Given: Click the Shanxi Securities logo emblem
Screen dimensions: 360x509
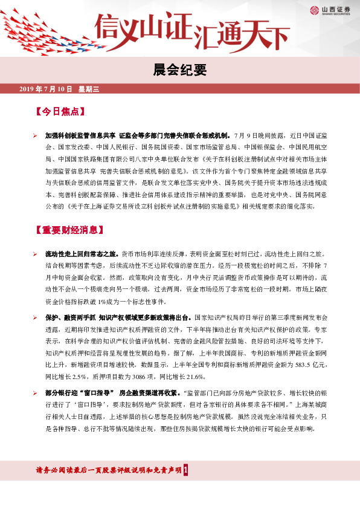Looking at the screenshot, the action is pyautogui.click(x=315, y=9).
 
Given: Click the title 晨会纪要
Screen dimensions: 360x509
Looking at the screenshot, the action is pyautogui.click(x=179, y=71).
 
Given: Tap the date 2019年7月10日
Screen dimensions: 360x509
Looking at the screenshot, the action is pyautogui.click(x=46, y=89).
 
